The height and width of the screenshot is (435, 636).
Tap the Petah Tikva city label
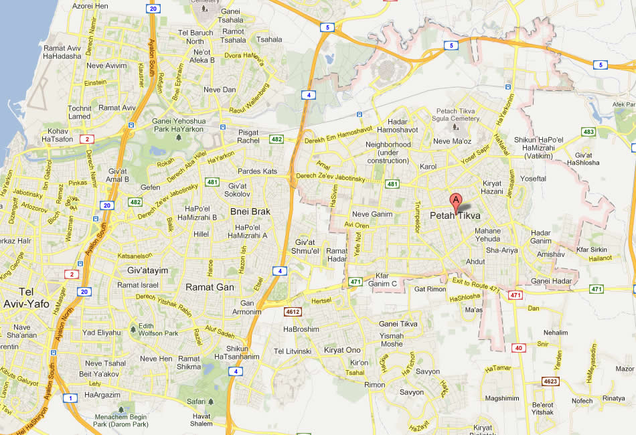pos(455,215)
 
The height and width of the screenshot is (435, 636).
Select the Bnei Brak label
pos(250,211)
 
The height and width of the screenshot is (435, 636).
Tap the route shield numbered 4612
pos(293,312)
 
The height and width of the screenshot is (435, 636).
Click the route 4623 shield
pos(550,381)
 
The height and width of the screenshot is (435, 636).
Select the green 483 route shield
pos(588,132)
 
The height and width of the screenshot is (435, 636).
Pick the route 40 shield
pos(519,347)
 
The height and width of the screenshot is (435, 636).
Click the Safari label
pos(196,401)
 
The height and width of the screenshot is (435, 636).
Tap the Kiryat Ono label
pos(342,350)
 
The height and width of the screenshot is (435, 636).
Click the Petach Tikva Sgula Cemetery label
pos(458,114)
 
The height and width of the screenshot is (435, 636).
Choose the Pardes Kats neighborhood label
pos(257,171)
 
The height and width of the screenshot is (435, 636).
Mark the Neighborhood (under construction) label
pos(388,152)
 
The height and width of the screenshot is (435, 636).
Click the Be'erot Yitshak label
pos(543,408)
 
